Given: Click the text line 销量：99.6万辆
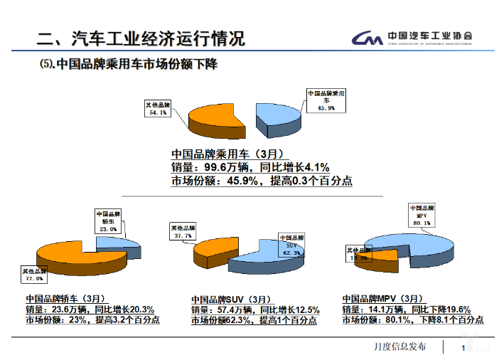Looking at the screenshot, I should tap(249, 167).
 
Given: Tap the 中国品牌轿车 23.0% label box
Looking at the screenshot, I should tap(108, 221).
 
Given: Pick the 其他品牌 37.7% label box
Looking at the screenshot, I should tap(183, 231).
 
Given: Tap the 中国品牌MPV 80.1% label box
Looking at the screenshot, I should tap(421, 214).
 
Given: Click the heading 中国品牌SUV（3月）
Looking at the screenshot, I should tap(231, 300).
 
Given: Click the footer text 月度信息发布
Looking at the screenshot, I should tap(399, 347).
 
